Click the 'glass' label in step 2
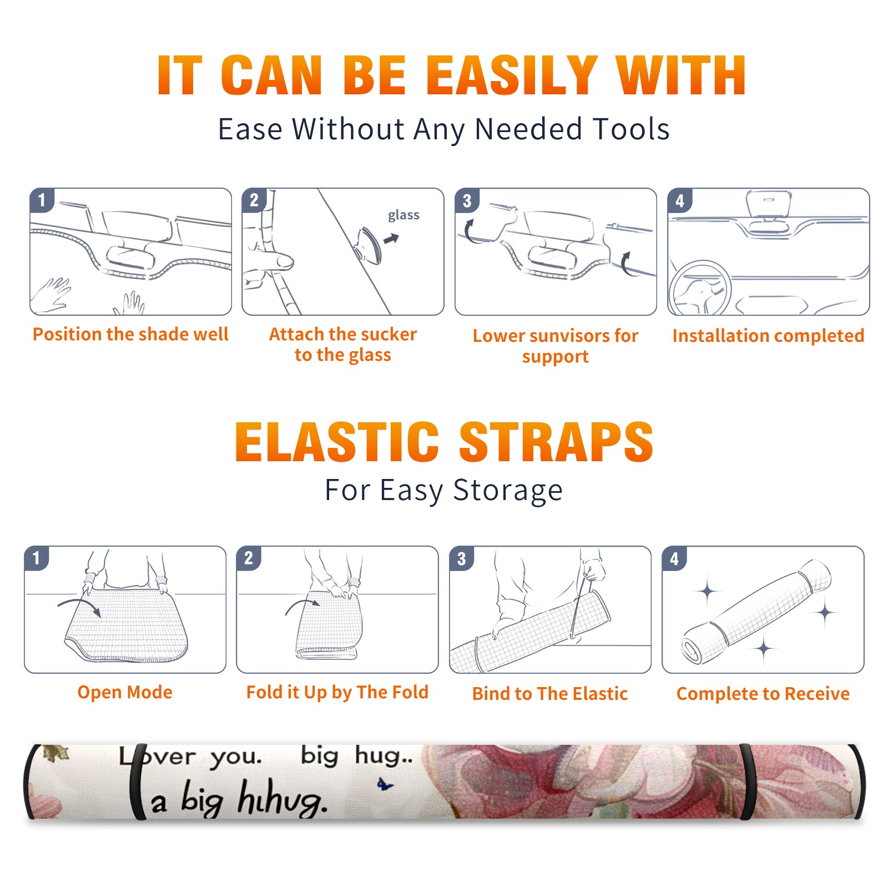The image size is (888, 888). point(403,215)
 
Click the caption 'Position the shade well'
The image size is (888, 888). point(130,334)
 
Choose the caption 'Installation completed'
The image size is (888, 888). point(768,335)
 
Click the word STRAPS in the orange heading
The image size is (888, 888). point(556,442)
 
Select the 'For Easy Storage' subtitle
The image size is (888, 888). point(444,491)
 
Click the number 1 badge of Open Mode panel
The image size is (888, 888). point(37,558)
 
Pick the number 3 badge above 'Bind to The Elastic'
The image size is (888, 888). point(462,558)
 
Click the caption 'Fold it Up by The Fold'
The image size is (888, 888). point(337,692)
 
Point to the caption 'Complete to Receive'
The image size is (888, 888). point(763,694)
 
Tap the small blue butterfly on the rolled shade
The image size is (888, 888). point(385,785)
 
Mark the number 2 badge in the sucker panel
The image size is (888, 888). point(254,200)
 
